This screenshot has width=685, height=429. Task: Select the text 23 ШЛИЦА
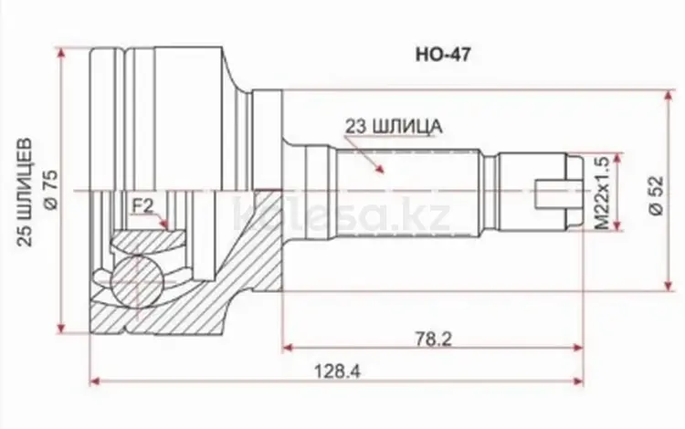394,126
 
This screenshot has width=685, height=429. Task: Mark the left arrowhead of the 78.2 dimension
289,347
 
